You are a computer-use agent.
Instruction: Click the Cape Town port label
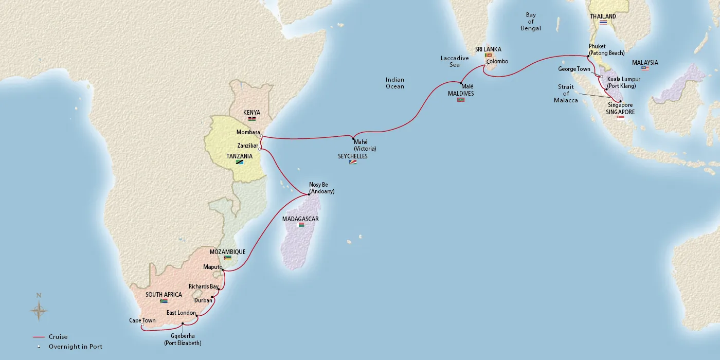pos(142,320)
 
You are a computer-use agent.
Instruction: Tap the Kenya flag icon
pos(252,119)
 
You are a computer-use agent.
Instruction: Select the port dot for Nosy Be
pos(309,194)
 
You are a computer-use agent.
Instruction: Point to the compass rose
pos(39,310)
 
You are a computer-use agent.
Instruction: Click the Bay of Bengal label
pos(531,22)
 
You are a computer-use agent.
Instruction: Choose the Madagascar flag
pos(301,225)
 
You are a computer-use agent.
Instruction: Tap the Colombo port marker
pos(486,65)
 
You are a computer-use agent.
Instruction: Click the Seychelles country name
pos(353,156)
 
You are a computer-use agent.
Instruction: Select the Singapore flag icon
pos(620,118)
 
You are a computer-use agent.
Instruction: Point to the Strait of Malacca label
pos(566,94)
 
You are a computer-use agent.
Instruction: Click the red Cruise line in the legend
pos(38,337)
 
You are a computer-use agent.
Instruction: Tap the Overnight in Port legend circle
pos(38,347)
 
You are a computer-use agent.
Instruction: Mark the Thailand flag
pos(603,23)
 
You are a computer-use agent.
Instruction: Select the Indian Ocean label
pos(395,83)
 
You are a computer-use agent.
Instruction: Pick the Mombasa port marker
pos(261,136)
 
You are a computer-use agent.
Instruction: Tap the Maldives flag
pos(460,100)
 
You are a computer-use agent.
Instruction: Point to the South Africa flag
pos(164,301)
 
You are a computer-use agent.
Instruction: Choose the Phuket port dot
pos(588,56)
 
